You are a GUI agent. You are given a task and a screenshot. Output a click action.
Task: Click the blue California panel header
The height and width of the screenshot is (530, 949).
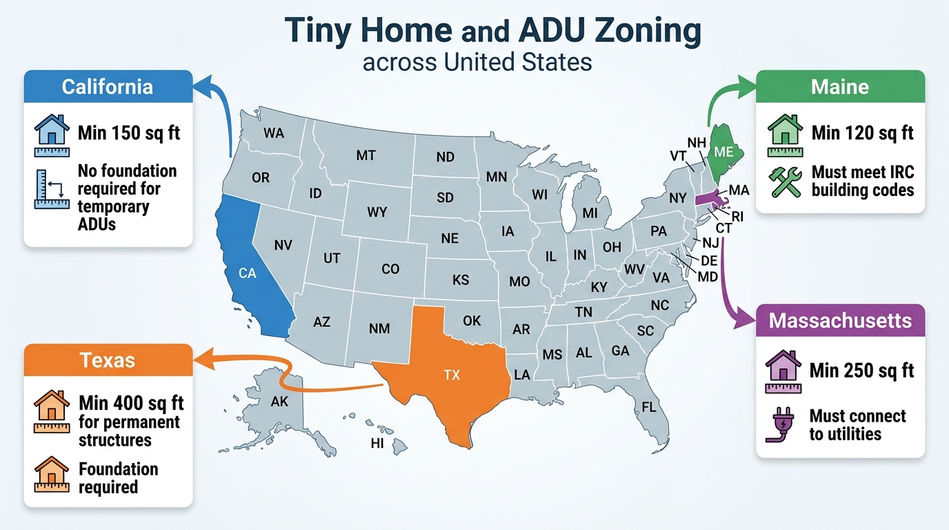108,87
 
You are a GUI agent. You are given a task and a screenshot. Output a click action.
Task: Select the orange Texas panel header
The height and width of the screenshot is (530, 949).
108,360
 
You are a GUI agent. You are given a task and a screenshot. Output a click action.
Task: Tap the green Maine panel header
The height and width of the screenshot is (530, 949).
839,87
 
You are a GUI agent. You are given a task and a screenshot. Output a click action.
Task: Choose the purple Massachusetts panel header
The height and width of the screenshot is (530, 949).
839,321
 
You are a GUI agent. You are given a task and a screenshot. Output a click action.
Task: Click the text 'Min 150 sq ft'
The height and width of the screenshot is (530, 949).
129,132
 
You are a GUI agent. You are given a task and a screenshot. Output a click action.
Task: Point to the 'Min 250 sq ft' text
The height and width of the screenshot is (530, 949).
861,371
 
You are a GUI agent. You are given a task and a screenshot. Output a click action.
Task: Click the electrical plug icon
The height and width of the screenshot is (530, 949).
781,425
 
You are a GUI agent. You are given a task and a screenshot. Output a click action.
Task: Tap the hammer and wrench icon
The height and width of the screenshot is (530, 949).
785,181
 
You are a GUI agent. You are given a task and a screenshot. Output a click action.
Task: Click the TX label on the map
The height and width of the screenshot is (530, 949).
452,375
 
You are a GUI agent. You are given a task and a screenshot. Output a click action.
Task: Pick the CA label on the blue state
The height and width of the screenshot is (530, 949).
247,273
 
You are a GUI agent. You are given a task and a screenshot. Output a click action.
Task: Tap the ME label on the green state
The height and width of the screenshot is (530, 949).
724,153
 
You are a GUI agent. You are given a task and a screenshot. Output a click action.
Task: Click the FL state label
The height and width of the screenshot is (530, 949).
648,406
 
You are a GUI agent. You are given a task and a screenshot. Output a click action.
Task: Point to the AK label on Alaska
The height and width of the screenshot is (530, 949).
279,402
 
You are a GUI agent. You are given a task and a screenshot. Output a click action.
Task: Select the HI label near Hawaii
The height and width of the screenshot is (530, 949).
377,444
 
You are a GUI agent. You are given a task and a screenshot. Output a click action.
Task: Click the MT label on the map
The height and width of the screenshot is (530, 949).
366,156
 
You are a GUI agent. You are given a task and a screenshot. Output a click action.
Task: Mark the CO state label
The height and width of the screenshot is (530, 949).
390,269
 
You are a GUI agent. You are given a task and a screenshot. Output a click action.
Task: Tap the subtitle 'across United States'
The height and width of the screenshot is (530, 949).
477,62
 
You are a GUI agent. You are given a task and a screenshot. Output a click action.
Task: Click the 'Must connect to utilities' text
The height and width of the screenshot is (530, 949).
857,425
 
